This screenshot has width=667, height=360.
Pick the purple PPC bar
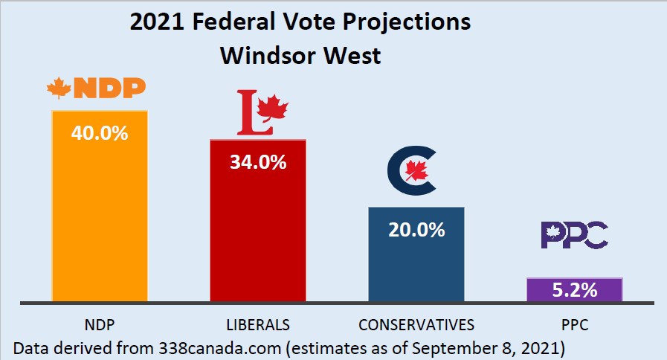[x=574, y=289]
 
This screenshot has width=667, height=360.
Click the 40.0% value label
[x=100, y=134]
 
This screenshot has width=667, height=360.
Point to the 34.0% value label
[x=258, y=161]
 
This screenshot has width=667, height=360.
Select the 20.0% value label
[x=416, y=229]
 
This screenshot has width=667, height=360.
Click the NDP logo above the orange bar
[x=96, y=90]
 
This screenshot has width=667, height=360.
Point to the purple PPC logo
[x=574, y=236]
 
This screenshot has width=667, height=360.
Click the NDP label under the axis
[x=99, y=324]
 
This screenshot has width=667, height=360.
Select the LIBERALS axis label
[x=257, y=324]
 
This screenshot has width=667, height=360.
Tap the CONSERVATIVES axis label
[x=416, y=324]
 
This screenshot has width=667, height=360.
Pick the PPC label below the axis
[x=574, y=324]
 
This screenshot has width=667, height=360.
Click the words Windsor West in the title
[x=300, y=55]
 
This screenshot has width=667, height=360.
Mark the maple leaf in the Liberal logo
[x=275, y=109]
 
